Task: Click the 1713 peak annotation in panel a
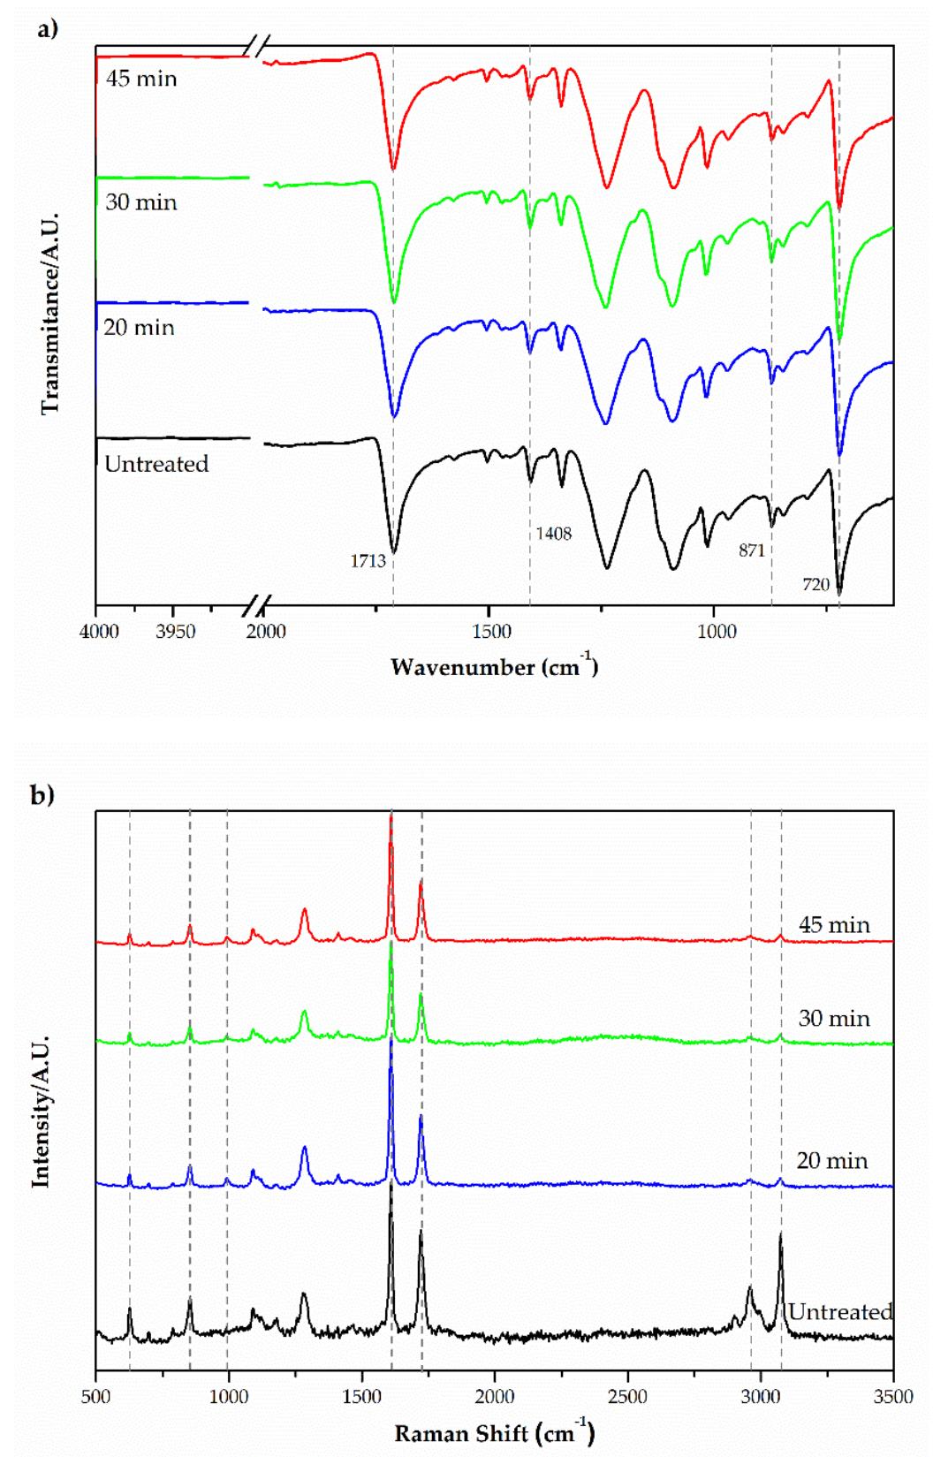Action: pyautogui.click(x=368, y=561)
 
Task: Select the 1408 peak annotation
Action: pyautogui.click(x=553, y=534)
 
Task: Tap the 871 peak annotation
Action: pyautogui.click(x=751, y=550)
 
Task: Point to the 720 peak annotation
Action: pyautogui.click(x=815, y=584)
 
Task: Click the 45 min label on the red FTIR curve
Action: pyautogui.click(x=141, y=79)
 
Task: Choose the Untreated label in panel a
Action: pyautogui.click(x=156, y=464)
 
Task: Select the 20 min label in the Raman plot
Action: pyautogui.click(x=831, y=1160)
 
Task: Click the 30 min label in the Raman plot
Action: pyautogui.click(x=834, y=1018)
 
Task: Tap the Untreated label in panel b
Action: pyautogui.click(x=840, y=1311)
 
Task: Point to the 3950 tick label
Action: pyautogui.click(x=175, y=631)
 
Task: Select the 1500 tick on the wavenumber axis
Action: pyautogui.click(x=491, y=631)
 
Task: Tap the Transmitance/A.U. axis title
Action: pyautogui.click(x=50, y=314)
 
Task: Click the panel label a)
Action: pyautogui.click(x=47, y=29)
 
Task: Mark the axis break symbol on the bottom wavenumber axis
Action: pyautogui.click(x=256, y=606)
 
